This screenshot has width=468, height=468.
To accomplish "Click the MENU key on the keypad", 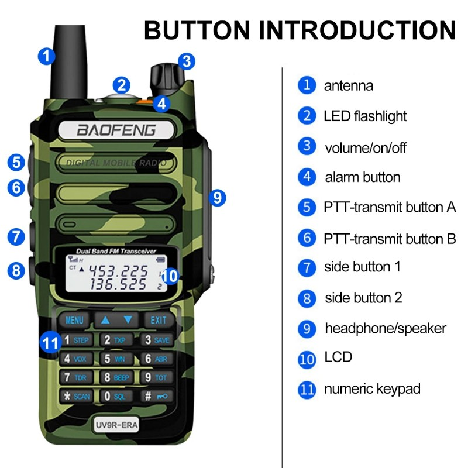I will (x=74, y=320).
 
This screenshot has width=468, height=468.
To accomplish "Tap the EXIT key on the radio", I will (x=159, y=320).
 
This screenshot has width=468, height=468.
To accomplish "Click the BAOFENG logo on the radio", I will (x=116, y=130).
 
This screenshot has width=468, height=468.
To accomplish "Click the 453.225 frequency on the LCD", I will (x=122, y=271).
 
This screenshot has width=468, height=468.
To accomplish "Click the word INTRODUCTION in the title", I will (x=352, y=30).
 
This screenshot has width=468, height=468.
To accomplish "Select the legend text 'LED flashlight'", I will (x=365, y=116).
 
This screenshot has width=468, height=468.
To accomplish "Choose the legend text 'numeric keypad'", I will (x=372, y=388).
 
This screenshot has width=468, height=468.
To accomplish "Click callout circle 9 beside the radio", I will (x=217, y=198).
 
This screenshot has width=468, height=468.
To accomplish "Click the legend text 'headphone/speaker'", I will (x=386, y=328).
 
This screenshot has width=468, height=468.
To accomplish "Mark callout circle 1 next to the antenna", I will (x=47, y=57).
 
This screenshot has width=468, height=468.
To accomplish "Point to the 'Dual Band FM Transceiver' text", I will (x=115, y=251).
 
